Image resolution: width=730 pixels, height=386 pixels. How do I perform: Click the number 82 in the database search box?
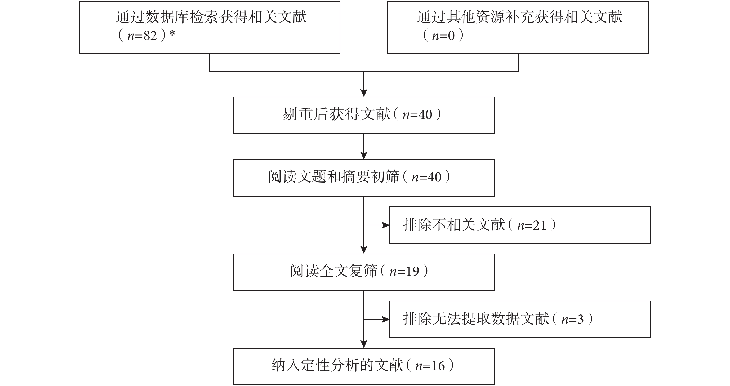coord(150,36)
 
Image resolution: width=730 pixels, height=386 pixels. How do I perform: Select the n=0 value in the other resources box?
coord(443,36)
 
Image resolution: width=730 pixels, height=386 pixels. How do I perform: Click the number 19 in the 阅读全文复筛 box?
coord(412,272)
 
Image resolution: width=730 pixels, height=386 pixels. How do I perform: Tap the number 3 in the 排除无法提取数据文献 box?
coord(580,320)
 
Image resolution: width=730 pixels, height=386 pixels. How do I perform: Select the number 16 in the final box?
coord(438,366)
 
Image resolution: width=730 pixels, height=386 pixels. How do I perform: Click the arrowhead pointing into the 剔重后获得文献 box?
coord(364,93)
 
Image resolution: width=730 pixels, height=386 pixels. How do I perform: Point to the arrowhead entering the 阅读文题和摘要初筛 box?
coord(364,156)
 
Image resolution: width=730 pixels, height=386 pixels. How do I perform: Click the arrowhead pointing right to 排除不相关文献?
coord(386,225)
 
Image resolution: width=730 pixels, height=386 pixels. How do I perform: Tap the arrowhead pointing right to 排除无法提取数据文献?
coord(386,320)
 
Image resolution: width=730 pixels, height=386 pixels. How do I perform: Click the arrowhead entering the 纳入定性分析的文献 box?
coord(364,344)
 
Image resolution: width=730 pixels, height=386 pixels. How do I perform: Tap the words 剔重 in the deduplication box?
coord(296,114)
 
